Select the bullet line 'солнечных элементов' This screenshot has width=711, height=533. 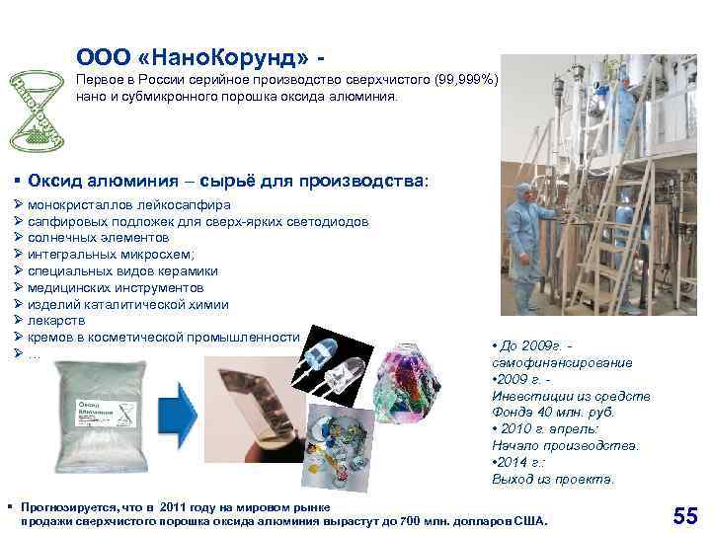pyautogui.click(x=98, y=238)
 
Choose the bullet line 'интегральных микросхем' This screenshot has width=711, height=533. pyautogui.click(x=111, y=255)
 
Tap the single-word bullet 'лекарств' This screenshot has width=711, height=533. pyautogui.click(x=56, y=321)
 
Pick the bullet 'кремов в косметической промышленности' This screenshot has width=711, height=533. pyautogui.click(x=162, y=338)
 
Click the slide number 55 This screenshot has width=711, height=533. pyautogui.click(x=684, y=514)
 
